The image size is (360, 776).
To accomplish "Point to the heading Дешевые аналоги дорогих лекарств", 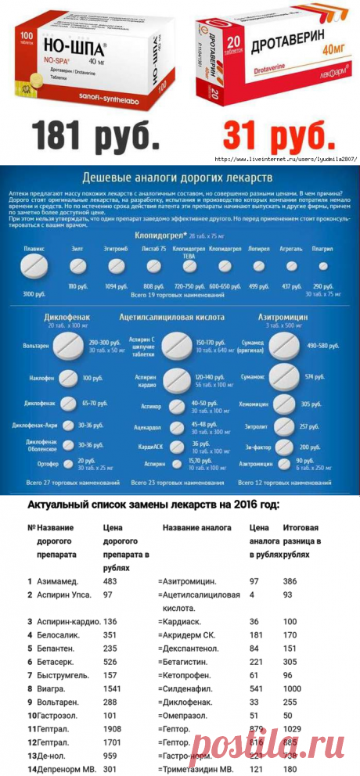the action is click(x=180, y=176).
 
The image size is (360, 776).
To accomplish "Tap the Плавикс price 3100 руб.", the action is click(x=34, y=294).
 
